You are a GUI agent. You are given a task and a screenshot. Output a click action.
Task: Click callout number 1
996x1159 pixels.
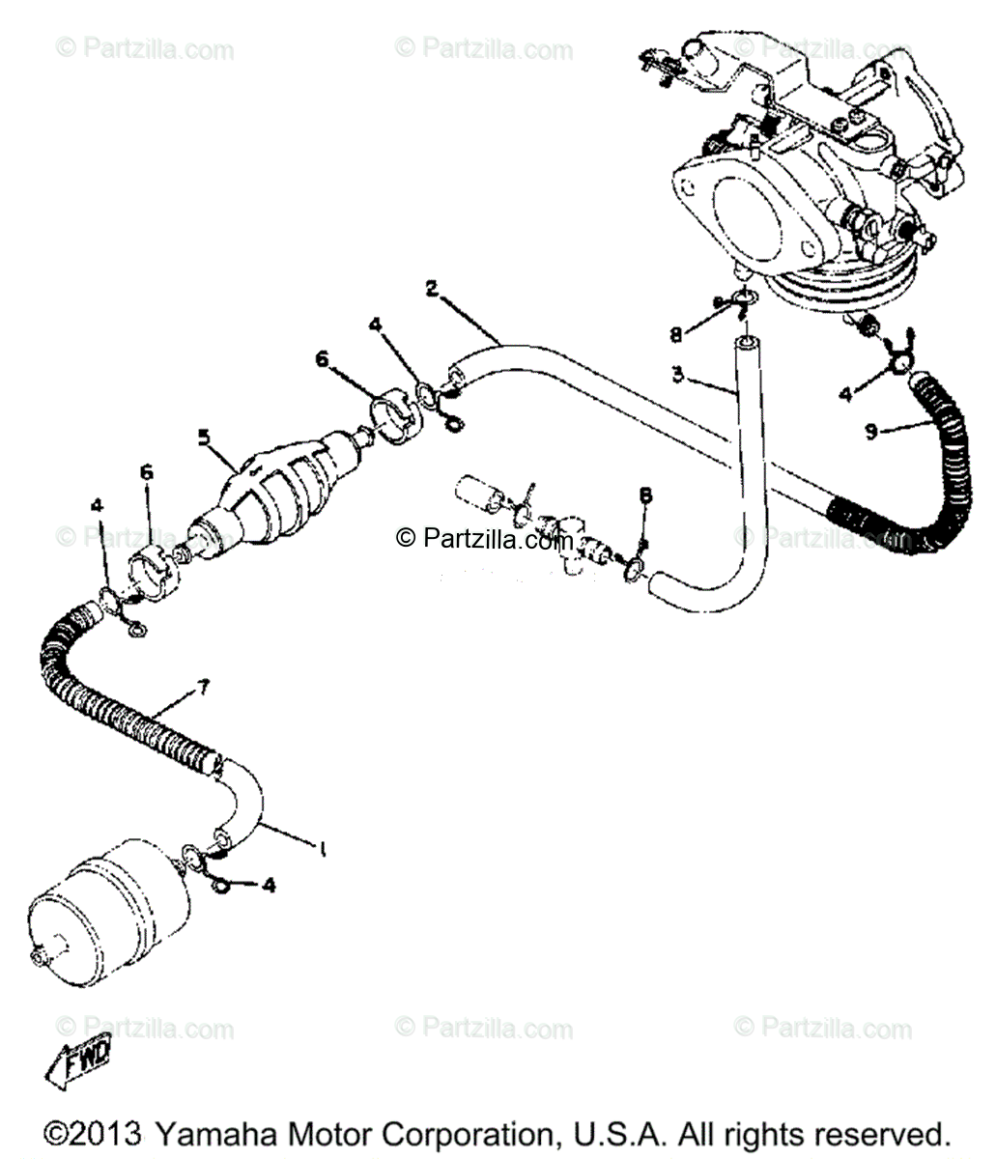tap(322, 850)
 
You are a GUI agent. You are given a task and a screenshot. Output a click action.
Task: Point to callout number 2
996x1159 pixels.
tap(431, 287)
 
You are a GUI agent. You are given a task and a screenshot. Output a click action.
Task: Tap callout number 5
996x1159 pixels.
tap(204, 437)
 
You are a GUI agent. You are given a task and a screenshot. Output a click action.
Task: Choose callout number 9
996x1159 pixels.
tap(871, 432)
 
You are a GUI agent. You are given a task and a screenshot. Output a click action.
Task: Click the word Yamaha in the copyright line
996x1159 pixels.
tap(212, 1134)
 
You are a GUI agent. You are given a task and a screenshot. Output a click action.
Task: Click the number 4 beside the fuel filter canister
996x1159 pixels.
tap(269, 885)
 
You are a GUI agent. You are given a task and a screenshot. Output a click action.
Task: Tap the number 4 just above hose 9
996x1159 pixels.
tap(846, 393)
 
